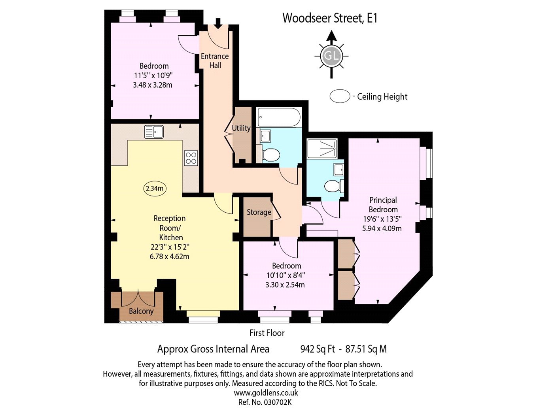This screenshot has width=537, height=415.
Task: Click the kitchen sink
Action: (154, 132)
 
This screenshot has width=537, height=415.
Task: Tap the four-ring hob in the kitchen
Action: (191, 158)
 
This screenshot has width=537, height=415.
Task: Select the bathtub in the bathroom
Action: (279, 117)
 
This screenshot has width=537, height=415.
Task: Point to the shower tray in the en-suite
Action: (322, 148)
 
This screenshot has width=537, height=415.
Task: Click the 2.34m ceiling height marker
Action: (155, 189)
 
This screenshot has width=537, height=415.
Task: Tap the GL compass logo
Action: (331, 56)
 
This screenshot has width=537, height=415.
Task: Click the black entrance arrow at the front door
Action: (218, 24)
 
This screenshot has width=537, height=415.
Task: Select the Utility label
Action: (241, 128)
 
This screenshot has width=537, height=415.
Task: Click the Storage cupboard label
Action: (259, 212)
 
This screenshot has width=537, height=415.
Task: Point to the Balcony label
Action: (141, 311)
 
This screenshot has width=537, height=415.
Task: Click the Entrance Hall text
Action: (215, 61)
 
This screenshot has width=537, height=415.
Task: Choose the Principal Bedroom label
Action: (383, 205)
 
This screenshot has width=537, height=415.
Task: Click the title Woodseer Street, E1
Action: (330, 18)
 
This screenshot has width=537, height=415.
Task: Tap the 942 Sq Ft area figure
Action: (318, 349)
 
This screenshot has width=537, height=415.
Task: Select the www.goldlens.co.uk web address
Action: (266, 392)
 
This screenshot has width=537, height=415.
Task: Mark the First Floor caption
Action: (267, 333)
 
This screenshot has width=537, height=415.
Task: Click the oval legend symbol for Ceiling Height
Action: (340, 96)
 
